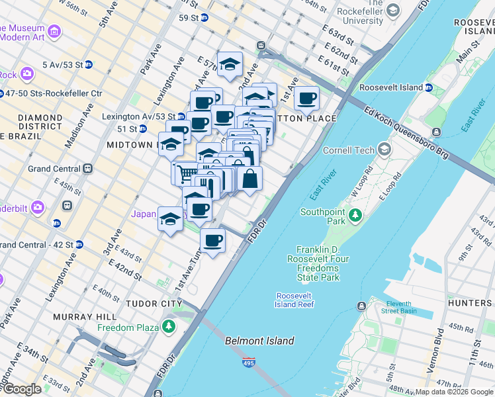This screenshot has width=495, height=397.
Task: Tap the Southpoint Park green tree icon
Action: pos(355,215)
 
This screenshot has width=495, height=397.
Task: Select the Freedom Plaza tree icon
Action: pos(169,327)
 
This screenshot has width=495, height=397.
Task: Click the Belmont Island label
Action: pos(259,341)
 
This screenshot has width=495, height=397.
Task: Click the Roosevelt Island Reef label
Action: pos(294,300)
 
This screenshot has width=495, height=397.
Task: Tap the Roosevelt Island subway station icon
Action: pos(428,87)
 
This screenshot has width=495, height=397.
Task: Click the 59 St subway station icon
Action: pos(204,17)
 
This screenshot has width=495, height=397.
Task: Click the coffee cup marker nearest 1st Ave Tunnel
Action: pos(212,242)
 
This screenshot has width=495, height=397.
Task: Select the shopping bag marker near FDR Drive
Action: pos(249,179)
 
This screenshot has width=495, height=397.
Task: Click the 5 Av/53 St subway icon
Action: pos(88,65)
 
